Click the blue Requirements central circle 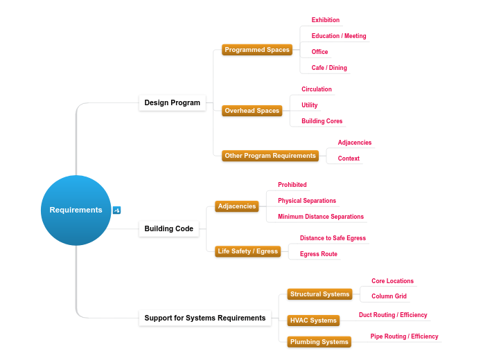[x=76, y=210]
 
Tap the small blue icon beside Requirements [x=116, y=210]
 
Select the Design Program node [x=172, y=103]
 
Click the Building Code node [x=169, y=228]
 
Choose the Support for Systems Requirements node [x=204, y=318]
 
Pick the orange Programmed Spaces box [x=257, y=50]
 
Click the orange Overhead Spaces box [x=252, y=111]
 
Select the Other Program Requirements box [x=270, y=156]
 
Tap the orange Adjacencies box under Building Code [x=237, y=206]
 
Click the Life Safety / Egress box [x=247, y=252]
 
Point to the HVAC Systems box [x=313, y=321]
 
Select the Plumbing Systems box [x=319, y=342]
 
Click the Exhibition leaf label [x=325, y=20]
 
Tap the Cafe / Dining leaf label [x=329, y=68]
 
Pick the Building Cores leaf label [x=322, y=121]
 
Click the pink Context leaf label [x=349, y=159]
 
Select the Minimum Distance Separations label [x=320, y=217]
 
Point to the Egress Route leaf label [x=318, y=254]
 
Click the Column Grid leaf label [x=389, y=296]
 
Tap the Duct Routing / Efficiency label [x=393, y=315]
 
